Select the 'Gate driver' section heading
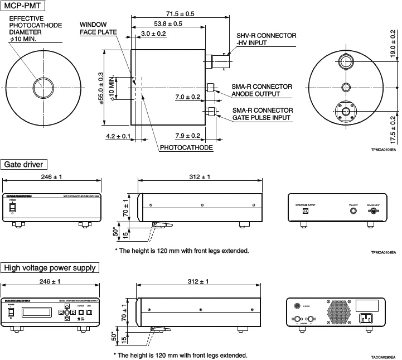(x=25, y=164)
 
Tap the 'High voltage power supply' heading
(x=50, y=268)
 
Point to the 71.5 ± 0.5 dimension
(x=180, y=13)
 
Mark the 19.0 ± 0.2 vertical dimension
(x=393, y=48)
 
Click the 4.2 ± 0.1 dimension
(x=118, y=136)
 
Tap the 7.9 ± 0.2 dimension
(x=187, y=136)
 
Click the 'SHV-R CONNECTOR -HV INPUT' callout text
(x=266, y=39)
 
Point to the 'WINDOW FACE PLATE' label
(x=98, y=28)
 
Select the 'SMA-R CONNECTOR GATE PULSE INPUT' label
(x=262, y=114)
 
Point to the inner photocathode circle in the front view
(x=43, y=88)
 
